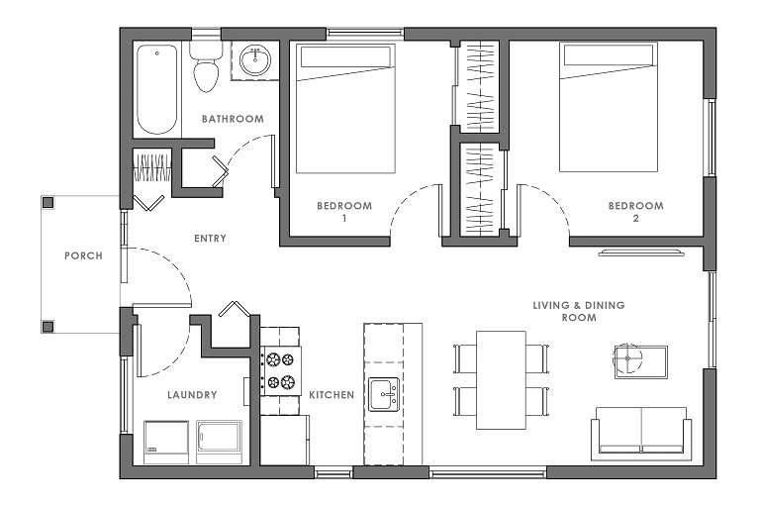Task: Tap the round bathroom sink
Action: coord(255,60)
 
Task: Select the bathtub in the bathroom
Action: coord(156,89)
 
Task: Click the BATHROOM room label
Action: coord(233,119)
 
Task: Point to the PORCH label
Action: coord(83,255)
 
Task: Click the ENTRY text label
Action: coord(210,239)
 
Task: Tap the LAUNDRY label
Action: coord(192,395)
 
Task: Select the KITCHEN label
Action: coord(332,395)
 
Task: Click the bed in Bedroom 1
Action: coord(345,109)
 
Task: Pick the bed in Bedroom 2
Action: coord(609,107)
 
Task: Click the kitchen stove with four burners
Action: coord(280,371)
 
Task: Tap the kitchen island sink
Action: coord(384,394)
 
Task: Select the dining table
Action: coord(501,380)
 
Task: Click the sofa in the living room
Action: coord(641,434)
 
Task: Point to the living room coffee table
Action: coord(641,362)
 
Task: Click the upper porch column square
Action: coord(47,202)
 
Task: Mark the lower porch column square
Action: coord(47,327)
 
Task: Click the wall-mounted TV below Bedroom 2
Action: coord(641,253)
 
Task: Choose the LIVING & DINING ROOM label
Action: coord(579,312)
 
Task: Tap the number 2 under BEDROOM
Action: coord(636,218)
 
